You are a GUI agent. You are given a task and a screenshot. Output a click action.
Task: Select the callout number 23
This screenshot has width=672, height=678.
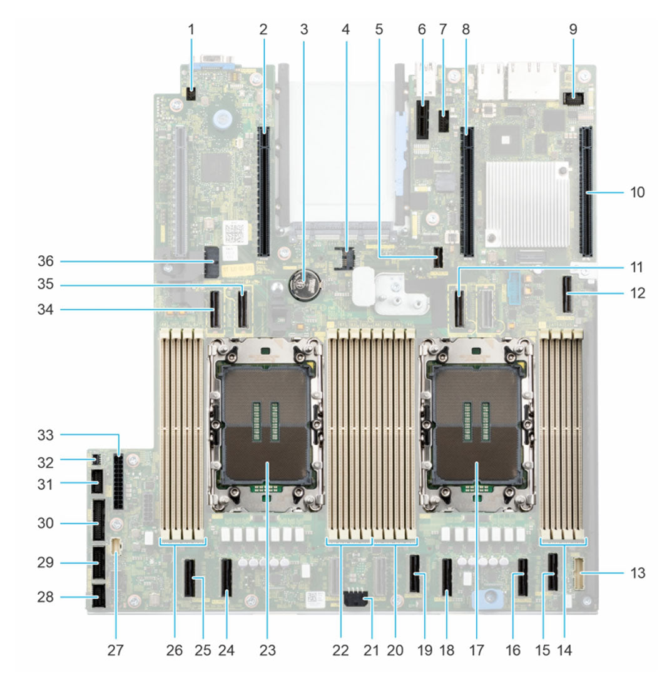coord(265,651)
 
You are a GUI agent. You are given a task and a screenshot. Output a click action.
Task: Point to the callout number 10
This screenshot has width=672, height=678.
coord(636,191)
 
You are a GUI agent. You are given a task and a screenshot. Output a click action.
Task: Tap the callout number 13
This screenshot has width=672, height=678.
coord(636,572)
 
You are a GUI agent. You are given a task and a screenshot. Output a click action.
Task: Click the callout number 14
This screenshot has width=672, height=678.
coord(565,651)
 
